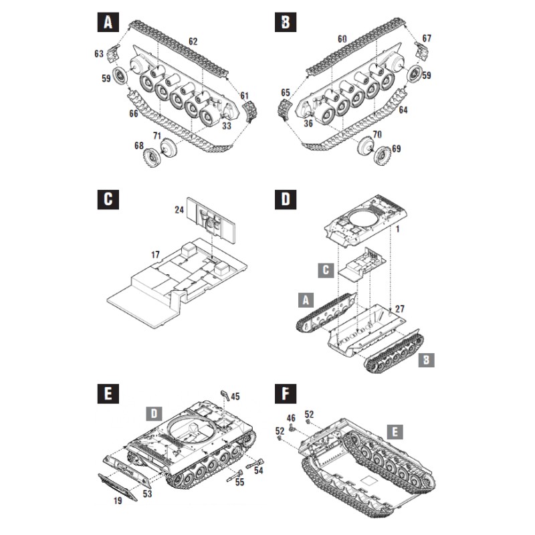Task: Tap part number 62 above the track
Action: click(193, 41)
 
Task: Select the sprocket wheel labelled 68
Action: click(153, 158)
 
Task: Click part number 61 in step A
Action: click(244, 95)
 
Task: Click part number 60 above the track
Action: click(342, 39)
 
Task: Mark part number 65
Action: click(286, 92)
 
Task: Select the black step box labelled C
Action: click(107, 200)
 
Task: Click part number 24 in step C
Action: click(179, 209)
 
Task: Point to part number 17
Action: click(154, 255)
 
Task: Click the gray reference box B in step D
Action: click(426, 360)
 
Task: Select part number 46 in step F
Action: click(291, 419)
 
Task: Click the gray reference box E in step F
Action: click(396, 432)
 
